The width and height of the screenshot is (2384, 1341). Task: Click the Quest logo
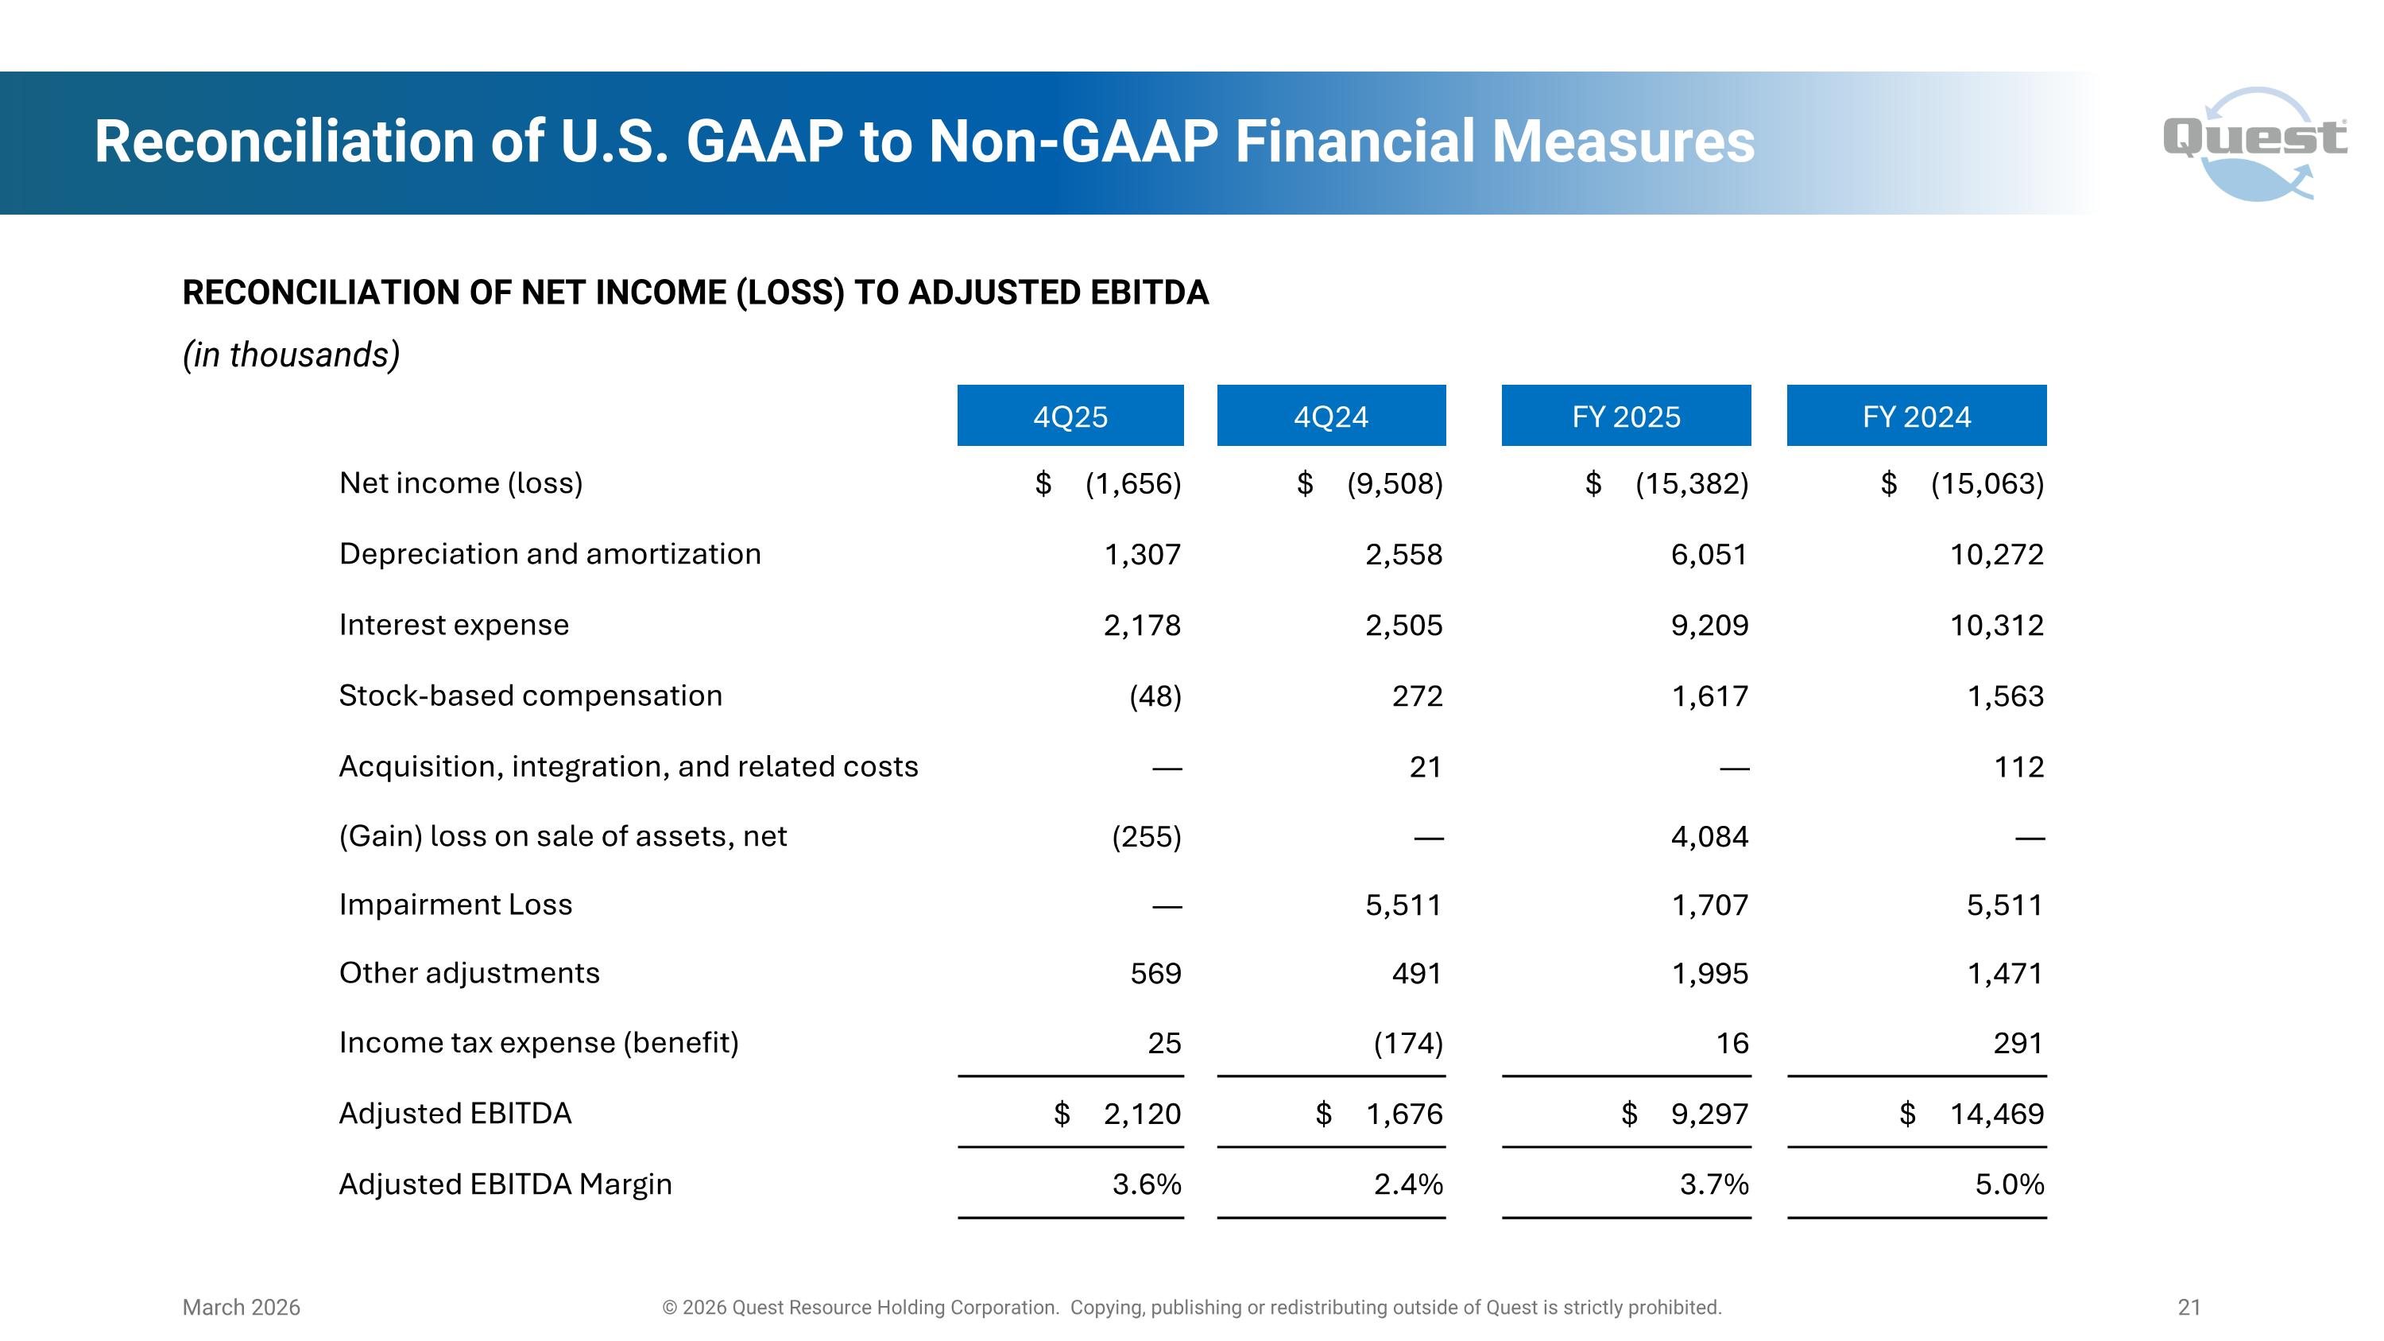coord(2255,142)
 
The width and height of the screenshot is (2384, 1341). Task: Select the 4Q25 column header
coord(1070,417)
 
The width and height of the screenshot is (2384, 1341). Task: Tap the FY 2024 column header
coord(1916,417)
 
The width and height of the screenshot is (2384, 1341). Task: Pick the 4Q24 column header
coord(1331,417)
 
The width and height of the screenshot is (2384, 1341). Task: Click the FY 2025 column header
coord(1626,417)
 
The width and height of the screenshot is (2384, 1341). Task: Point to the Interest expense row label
coord(454,625)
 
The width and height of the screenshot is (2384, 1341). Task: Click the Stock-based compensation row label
coord(530,695)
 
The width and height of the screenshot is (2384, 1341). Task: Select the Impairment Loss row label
coord(455,904)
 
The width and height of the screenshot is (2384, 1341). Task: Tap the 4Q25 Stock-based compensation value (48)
coord(1155,696)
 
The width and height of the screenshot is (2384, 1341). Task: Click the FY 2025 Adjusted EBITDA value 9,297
coord(1709,1114)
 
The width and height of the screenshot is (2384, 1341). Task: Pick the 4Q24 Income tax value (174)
coord(1407,1043)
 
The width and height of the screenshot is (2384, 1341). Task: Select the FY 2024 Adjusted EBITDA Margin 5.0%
coord(2009,1184)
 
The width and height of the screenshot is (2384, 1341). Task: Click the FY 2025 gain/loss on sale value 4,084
coord(1709,836)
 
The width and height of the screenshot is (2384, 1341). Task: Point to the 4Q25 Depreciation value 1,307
coord(1142,554)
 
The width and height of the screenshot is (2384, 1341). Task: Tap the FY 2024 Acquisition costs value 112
coord(2018,766)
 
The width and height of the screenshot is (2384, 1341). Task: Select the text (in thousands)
coord(291,355)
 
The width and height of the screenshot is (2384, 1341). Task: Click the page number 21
coord(2189,1307)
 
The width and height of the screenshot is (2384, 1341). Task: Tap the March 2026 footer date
coord(241,1307)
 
